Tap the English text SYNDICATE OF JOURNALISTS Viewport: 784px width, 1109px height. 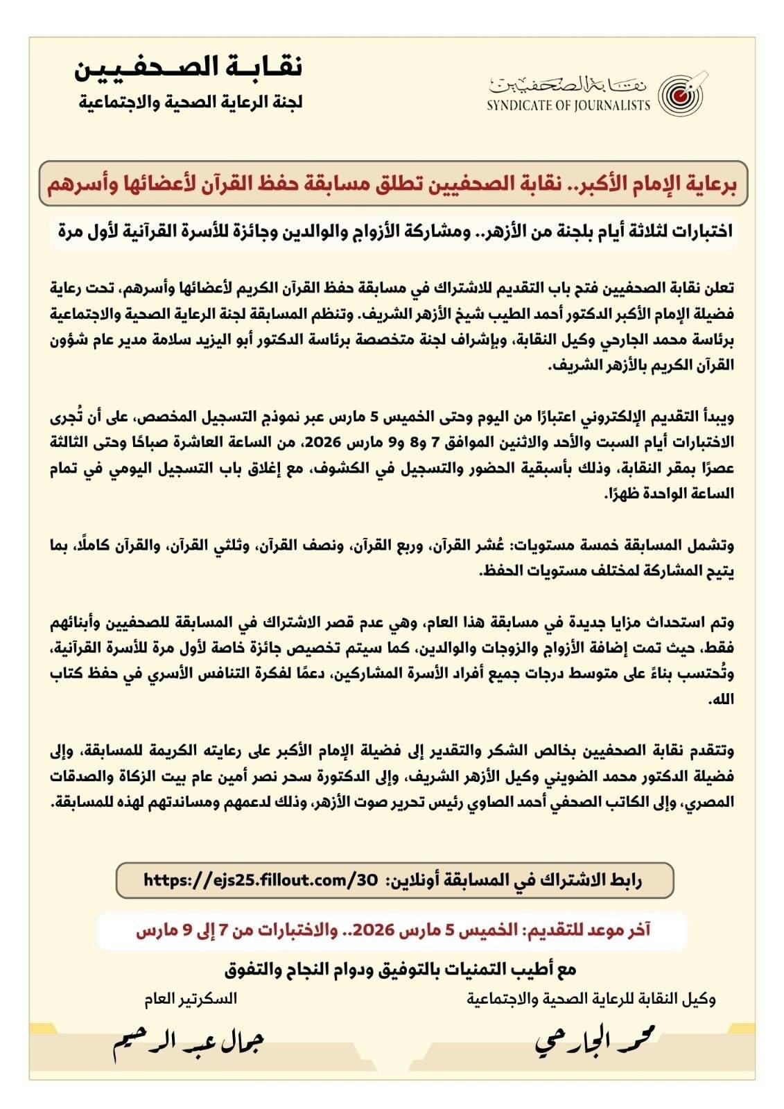pyautogui.click(x=568, y=105)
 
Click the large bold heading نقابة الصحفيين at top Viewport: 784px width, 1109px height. pyautogui.click(x=188, y=67)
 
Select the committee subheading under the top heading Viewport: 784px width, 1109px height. pyautogui.click(x=191, y=103)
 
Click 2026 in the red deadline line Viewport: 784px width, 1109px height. pyautogui.click(x=374, y=930)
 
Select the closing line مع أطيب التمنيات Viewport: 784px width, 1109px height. pyautogui.click(x=400, y=968)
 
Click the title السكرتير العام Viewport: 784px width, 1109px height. pyautogui.click(x=191, y=999)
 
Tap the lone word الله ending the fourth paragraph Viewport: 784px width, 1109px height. pyautogui.click(x=720, y=700)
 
